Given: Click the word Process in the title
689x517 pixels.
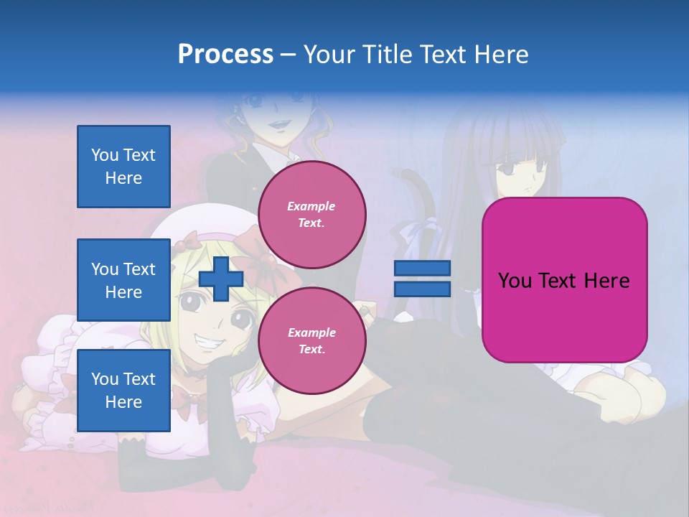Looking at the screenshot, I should tap(225, 55).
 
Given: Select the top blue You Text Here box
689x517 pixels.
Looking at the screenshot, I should tap(123, 167).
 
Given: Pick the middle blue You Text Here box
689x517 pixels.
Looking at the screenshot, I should tap(123, 280).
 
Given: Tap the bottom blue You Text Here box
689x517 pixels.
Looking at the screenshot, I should tap(123, 391).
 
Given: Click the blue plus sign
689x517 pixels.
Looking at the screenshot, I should tap(221, 279).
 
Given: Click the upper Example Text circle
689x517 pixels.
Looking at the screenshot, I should tap(312, 215).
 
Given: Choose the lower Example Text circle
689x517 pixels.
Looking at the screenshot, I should tap(312, 341).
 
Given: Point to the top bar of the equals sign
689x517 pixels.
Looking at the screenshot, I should tap(422, 269).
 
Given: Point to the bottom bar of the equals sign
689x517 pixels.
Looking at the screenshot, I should tap(422, 289).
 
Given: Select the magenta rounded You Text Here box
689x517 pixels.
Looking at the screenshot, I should tap(564, 280).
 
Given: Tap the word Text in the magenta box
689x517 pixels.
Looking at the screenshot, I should tap(564, 280).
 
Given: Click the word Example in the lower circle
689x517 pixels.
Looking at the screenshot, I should tap(311, 332).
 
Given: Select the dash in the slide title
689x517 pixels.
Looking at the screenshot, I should tap(289, 55).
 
